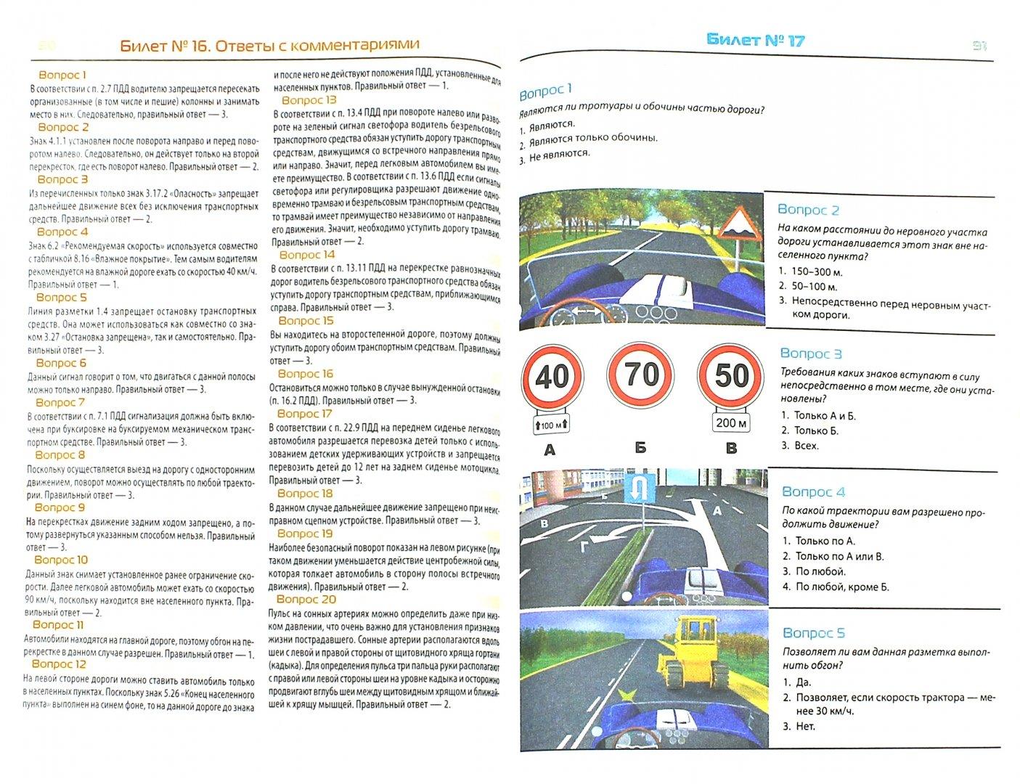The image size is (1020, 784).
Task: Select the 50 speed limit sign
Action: tap(731, 375)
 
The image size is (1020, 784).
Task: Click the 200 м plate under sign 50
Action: tap(731, 423)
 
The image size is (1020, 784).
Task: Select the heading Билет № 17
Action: tap(755, 41)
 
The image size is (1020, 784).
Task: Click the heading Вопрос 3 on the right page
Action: tap(810, 354)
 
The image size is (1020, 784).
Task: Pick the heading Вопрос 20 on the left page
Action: tap(306, 599)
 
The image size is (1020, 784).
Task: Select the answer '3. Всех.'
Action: tap(799, 445)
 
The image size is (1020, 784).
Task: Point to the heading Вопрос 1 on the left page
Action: tap(62, 75)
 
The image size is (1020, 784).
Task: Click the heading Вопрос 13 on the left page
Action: tap(309, 100)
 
